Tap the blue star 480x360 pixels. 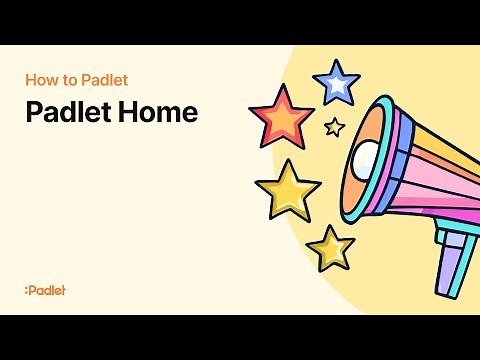[336, 83]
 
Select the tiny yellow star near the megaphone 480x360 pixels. [335, 127]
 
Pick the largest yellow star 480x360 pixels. [287, 189]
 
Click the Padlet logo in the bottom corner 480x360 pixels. [44, 290]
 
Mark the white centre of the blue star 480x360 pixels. [336, 84]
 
